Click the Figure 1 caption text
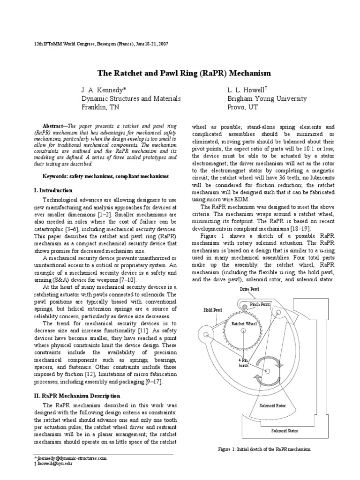(264, 449)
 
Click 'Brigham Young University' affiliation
(267, 98)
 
